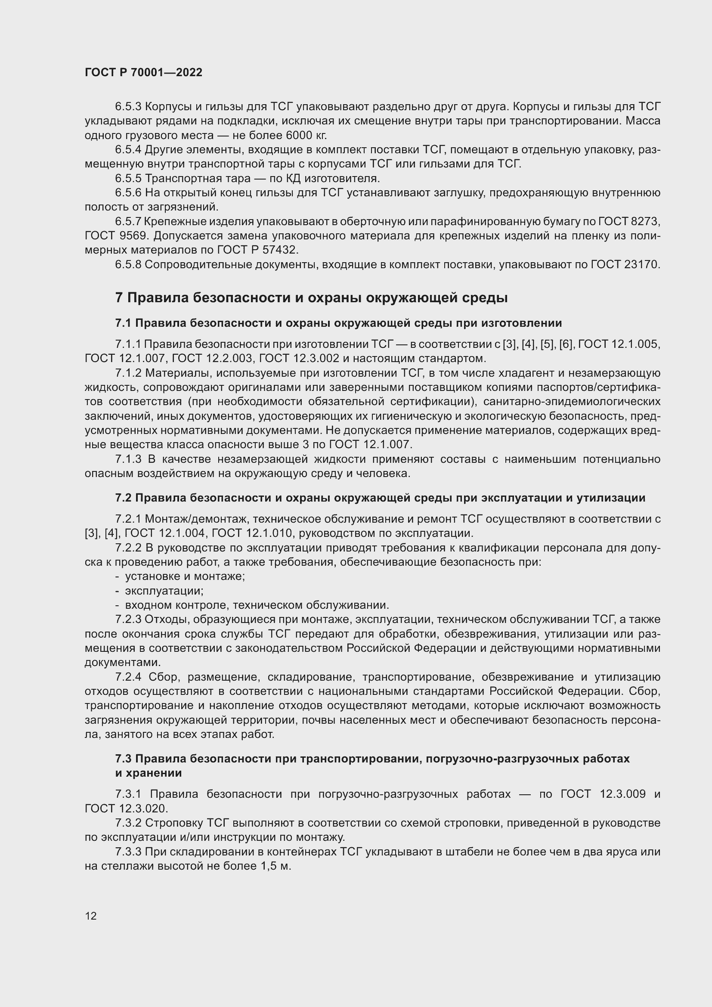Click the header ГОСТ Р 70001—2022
click(x=143, y=72)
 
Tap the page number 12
click(x=91, y=916)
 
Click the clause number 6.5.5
click(x=128, y=179)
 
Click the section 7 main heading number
click(x=119, y=298)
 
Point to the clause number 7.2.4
click(x=128, y=677)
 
